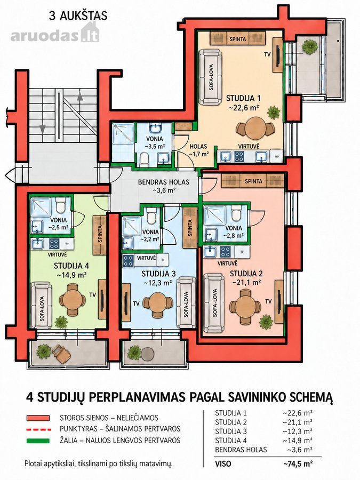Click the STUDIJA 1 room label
point(243,98)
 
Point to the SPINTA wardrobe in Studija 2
point(253,181)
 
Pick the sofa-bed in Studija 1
point(210,77)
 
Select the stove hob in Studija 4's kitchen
point(54,244)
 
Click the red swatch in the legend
point(38,418)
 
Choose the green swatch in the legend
point(38,441)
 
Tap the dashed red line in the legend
point(38,429)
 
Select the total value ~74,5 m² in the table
point(298,464)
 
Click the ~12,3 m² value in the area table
point(298,431)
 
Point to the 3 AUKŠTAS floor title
point(78,16)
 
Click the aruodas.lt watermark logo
point(55,34)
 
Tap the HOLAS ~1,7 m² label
point(199,150)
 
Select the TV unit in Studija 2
point(279,301)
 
